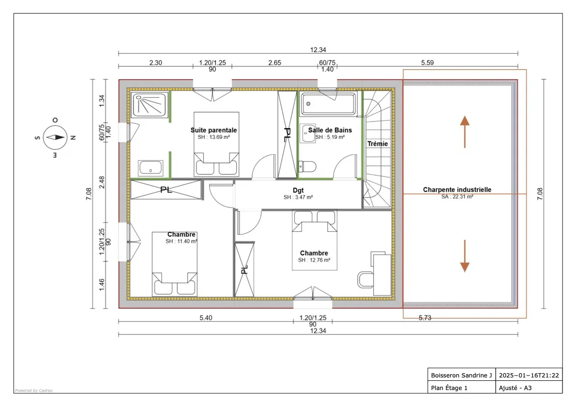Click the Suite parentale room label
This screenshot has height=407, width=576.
[213, 130]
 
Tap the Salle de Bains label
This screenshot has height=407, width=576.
[330, 130]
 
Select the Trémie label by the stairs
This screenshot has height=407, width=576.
[378, 144]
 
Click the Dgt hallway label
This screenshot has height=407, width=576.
[298, 191]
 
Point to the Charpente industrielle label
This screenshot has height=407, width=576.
[457, 190]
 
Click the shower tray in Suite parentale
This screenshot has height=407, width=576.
[150, 105]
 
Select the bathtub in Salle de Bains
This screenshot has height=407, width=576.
[329, 104]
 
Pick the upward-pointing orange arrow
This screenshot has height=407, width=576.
[465, 131]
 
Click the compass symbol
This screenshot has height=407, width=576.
[55, 137]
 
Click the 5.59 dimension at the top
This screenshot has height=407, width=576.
[427, 62]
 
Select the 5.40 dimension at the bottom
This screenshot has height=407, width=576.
[206, 318]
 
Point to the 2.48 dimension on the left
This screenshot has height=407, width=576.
[102, 182]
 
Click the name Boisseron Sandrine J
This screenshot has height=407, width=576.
[461, 375]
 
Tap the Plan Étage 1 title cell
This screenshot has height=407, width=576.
[449, 388]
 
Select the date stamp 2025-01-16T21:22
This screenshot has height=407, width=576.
[529, 375]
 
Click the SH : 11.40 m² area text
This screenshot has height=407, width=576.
[181, 241]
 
